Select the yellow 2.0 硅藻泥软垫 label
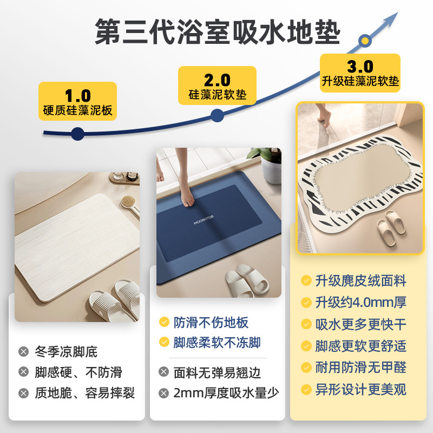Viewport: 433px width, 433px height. (218, 87)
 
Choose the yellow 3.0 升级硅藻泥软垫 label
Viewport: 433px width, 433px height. (360, 74)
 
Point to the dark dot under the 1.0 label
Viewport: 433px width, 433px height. (77, 133)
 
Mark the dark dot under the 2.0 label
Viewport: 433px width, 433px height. (217, 115)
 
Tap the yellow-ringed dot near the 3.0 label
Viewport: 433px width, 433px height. (366, 40)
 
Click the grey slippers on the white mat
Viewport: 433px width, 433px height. (113, 302)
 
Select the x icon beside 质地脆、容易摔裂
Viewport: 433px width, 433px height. (23, 393)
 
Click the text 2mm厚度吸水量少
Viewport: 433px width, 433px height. (226, 393)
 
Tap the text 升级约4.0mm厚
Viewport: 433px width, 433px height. (360, 303)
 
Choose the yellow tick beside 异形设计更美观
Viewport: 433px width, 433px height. (306, 389)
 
